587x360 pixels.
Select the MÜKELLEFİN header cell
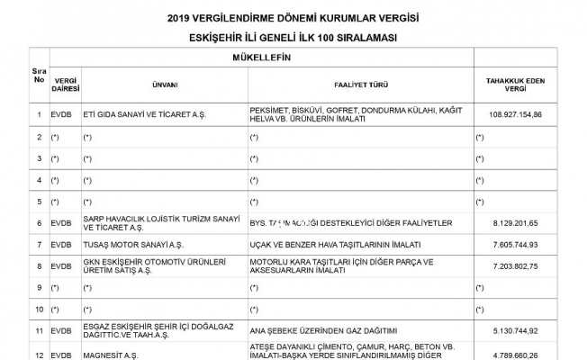point(274,58)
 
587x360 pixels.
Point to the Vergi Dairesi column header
point(66,85)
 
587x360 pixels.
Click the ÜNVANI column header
point(164,85)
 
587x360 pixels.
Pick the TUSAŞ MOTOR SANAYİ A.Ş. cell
point(132,244)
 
